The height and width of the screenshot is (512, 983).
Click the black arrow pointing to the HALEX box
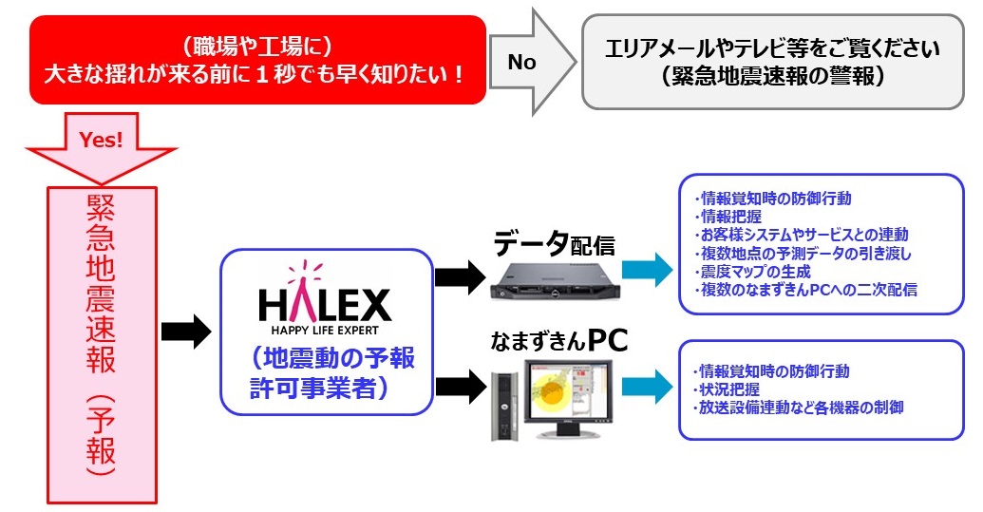185,332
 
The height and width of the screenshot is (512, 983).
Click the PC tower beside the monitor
503,404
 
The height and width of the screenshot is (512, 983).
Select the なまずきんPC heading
559,341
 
